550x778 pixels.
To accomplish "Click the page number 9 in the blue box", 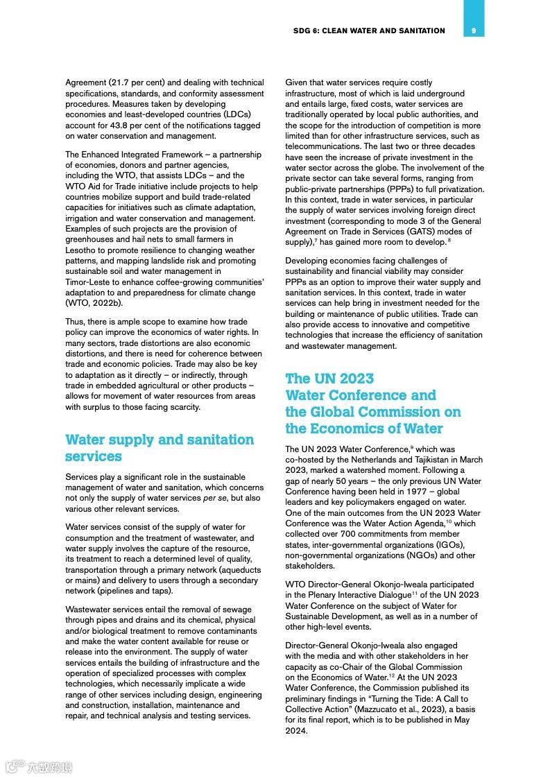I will (x=473, y=31).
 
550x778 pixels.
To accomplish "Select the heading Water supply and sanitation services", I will (x=160, y=448).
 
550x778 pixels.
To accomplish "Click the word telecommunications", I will (x=326, y=147).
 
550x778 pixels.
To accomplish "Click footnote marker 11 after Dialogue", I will (x=415, y=594).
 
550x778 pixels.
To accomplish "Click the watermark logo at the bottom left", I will (x=39, y=766).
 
